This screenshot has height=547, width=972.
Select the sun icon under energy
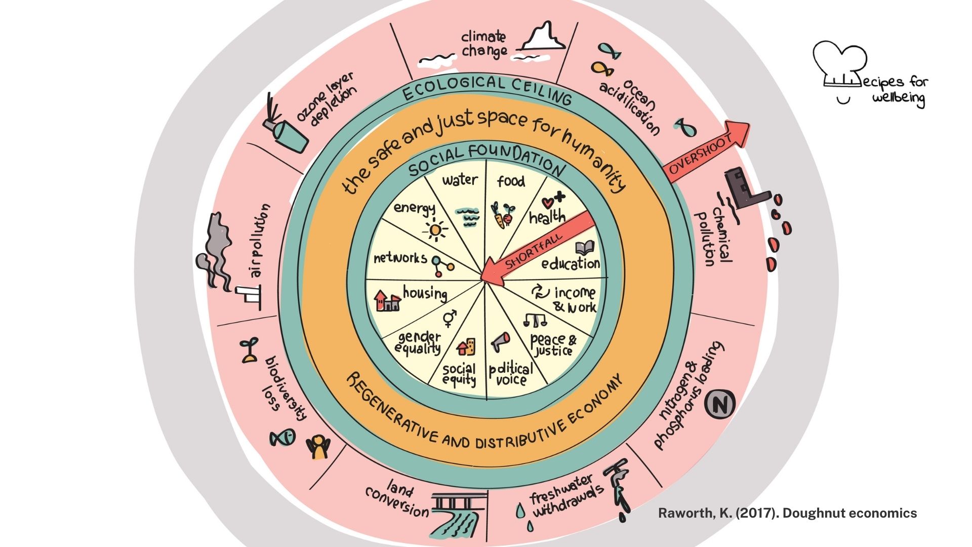click(x=434, y=230)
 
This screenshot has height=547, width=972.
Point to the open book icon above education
click(x=584, y=248)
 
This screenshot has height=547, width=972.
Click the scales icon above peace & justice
click(x=535, y=320)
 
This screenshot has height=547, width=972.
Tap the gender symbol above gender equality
click(x=449, y=317)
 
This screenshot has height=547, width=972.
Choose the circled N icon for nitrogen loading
click(x=719, y=404)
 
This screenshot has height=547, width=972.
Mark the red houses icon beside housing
click(x=387, y=301)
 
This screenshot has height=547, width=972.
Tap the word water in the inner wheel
click(x=460, y=180)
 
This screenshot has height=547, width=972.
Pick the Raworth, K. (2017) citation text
click(x=787, y=513)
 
